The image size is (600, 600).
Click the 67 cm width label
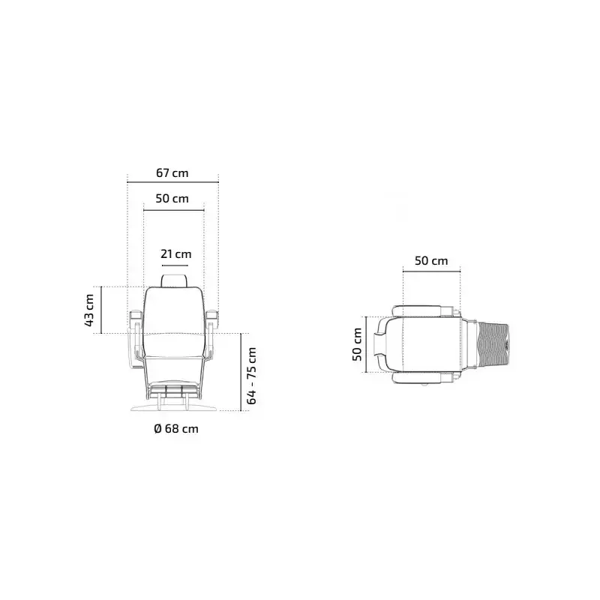(x=172, y=173)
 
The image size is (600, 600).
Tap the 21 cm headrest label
(x=175, y=254)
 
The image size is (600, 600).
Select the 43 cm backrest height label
(x=88, y=310)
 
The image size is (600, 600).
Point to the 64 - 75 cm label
(x=251, y=376)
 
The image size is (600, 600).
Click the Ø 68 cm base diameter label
(x=176, y=428)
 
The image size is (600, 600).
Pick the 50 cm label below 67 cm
(x=172, y=199)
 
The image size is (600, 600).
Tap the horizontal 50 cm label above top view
(x=431, y=261)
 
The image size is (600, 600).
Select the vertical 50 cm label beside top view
(x=357, y=344)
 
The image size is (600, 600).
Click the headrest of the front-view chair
(x=175, y=280)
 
